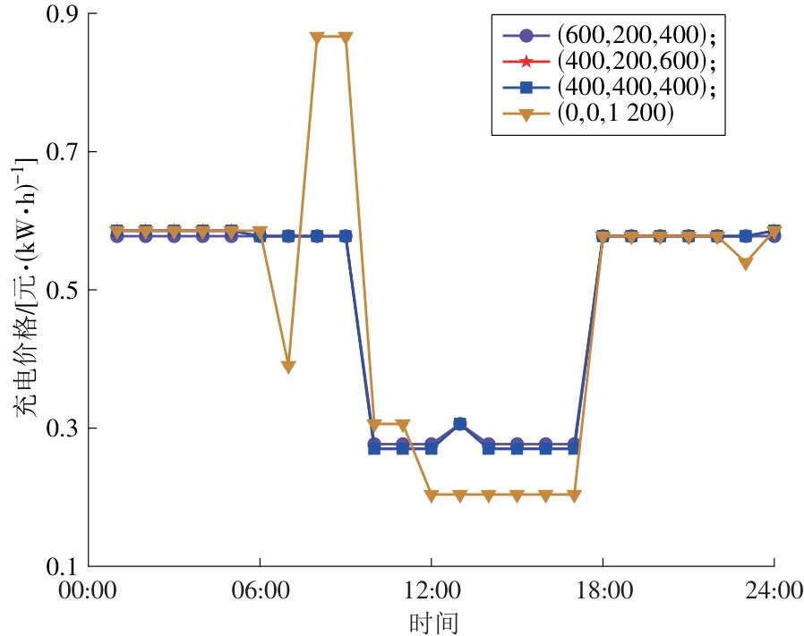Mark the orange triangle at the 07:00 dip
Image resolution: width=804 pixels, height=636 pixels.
pos(288,367)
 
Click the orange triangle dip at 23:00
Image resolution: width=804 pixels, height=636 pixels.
pos(746,264)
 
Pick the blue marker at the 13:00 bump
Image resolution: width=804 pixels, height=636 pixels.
pos(459,424)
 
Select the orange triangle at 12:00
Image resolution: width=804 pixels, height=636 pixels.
pos(432,496)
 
